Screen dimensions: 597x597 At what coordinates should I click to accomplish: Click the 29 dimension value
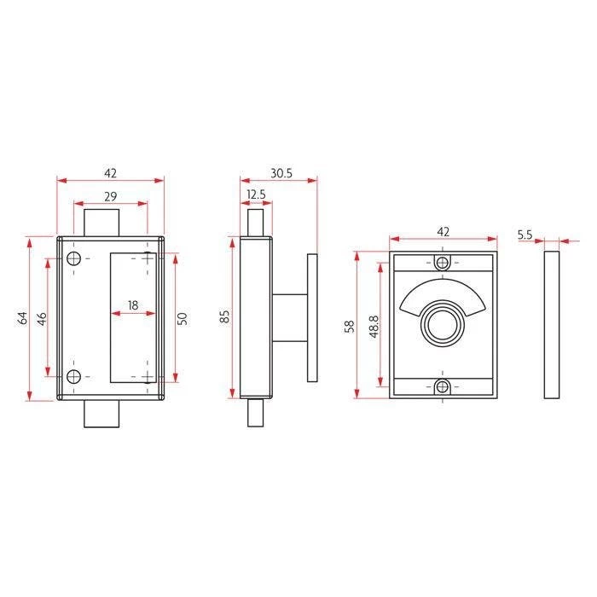click(x=110, y=196)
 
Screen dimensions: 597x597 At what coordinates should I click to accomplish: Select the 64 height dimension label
click(x=23, y=317)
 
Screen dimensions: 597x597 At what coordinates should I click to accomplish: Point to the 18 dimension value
click(x=133, y=304)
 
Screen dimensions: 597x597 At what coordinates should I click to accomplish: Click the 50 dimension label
click(x=182, y=317)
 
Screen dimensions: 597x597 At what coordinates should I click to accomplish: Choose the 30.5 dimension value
click(x=281, y=172)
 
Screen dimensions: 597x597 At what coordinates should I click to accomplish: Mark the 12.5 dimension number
click(x=256, y=195)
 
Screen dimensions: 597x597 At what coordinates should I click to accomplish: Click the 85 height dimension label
click(x=224, y=317)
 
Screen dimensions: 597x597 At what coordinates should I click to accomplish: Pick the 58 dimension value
click(x=349, y=326)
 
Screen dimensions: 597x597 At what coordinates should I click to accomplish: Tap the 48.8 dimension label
click(x=373, y=326)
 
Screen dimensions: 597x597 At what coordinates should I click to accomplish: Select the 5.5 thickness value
click(x=525, y=232)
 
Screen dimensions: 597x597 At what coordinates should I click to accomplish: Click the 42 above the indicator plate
click(x=443, y=232)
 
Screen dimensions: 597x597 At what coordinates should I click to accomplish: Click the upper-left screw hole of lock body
click(x=74, y=258)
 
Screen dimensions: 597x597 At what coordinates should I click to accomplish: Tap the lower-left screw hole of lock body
click(x=74, y=376)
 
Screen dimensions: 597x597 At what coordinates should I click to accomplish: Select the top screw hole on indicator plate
click(x=442, y=262)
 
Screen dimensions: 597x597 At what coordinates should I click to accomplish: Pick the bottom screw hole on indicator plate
click(x=442, y=386)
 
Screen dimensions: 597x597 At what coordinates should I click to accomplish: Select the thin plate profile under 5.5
click(x=551, y=324)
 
